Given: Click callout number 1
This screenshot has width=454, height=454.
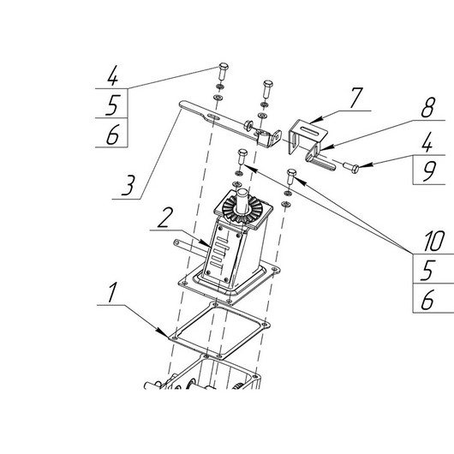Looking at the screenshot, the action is coord(112,292).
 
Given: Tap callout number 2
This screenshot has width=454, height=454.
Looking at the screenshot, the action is coord(165,218).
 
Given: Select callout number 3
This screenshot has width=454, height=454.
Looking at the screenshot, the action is coord(128,185).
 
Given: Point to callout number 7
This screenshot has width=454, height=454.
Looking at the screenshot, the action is coord(356,98).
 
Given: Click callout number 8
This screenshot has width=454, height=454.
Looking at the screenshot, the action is coord(428,107).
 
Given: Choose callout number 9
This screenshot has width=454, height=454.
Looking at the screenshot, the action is coord(428,171).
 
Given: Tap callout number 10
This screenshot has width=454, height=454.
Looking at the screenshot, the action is coord(433,241).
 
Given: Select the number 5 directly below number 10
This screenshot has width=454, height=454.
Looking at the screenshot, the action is coord(427,270).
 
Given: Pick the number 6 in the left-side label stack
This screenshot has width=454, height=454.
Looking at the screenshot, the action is coord(112,134).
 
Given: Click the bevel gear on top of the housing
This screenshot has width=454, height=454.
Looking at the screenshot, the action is coord(242,207).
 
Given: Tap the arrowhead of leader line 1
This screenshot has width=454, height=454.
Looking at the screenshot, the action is coord(163,333).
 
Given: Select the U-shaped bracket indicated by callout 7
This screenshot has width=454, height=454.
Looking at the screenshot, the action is coord(308,138).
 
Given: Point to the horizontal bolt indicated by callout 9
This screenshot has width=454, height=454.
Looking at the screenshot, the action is coord(351,167).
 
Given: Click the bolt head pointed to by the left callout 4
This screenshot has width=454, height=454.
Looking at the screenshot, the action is coord(224,66).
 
